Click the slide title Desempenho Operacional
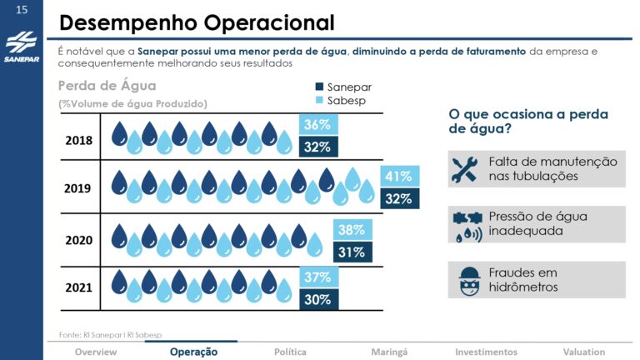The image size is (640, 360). pos(197,22)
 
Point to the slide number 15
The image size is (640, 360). pos(21,9)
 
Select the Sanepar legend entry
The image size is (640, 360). pos(342,87)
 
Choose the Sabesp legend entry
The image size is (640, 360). pos(341,101)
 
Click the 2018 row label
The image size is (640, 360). pos(78,140)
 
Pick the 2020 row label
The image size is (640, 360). pos(78,240)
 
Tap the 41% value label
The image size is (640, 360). pos(398,177)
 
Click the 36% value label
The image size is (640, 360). pos(317,125)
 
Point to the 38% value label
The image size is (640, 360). pos(351,229)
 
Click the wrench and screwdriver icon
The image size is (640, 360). pos(463,168)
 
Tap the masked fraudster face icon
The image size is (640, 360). pos(463,280)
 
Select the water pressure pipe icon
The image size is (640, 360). pos(463,224)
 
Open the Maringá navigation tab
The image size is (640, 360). pos(389,352)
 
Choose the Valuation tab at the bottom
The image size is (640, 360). pos(583,352)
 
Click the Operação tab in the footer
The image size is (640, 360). pos(193,352)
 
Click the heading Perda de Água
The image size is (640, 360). pos(107,86)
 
